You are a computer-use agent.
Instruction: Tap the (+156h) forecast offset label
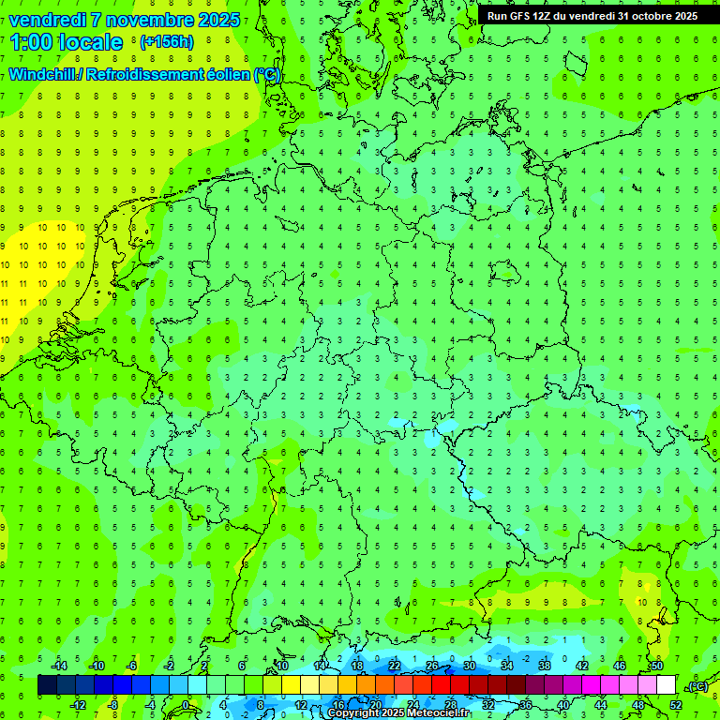coord(166,41)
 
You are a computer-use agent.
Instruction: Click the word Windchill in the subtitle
coord(44,74)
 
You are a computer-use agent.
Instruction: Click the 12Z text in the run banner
coord(541,16)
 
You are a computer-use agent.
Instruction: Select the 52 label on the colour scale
coord(676,704)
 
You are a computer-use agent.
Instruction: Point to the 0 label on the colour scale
coord(187,704)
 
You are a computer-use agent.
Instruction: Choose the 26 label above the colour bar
coord(432,666)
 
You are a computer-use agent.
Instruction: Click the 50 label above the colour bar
coord(657,666)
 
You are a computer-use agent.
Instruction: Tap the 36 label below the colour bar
coord(525,704)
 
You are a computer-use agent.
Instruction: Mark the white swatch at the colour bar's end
coord(667,685)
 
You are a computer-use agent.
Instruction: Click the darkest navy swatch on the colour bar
coord(47,685)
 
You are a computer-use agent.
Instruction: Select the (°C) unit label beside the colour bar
coord(697,686)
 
